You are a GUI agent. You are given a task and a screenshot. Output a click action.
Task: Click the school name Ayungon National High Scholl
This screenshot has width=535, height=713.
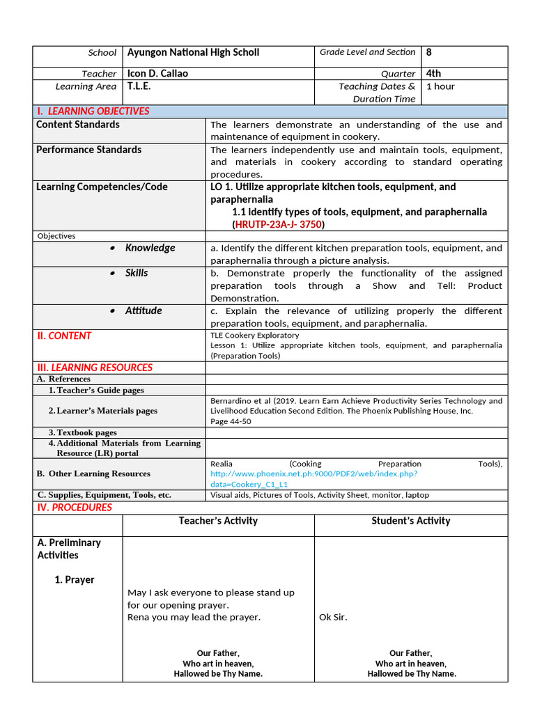[x=193, y=52]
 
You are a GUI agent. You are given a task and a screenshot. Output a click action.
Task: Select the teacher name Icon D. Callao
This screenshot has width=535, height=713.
[x=157, y=73]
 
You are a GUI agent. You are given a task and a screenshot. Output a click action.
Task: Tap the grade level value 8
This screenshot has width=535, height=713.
[x=429, y=52]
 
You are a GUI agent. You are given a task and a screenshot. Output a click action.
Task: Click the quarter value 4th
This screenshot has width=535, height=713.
[x=433, y=73]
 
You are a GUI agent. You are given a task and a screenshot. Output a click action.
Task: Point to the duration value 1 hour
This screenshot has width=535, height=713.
[x=440, y=86]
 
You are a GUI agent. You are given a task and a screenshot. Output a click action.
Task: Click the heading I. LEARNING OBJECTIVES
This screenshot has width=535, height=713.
[x=93, y=111]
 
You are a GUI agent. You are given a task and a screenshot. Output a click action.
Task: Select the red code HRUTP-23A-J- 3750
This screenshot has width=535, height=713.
[x=279, y=224]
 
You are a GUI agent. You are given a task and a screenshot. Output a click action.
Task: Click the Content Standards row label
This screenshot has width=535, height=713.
[x=78, y=125]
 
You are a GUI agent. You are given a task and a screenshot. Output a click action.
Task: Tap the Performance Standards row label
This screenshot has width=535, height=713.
[x=88, y=150]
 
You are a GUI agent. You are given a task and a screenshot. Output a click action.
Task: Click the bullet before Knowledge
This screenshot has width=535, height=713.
[x=113, y=249]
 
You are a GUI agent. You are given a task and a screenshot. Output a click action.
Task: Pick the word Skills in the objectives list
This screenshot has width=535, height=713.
[x=137, y=273]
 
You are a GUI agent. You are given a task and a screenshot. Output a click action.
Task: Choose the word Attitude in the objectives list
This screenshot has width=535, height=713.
[x=144, y=311]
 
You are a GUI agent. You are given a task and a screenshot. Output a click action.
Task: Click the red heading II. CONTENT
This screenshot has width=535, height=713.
[x=64, y=336]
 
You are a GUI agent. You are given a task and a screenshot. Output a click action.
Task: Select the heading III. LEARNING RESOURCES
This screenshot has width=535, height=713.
[x=95, y=368]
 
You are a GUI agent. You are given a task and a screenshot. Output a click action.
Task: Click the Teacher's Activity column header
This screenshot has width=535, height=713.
[x=218, y=521]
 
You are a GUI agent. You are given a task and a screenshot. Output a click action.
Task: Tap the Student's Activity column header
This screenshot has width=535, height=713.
[x=410, y=521]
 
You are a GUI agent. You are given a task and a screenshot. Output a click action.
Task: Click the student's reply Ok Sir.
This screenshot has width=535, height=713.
[x=333, y=617]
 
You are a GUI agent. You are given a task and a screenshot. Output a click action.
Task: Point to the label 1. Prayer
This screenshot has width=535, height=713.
[x=75, y=579]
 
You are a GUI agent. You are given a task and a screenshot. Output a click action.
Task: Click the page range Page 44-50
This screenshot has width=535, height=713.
[x=231, y=421]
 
